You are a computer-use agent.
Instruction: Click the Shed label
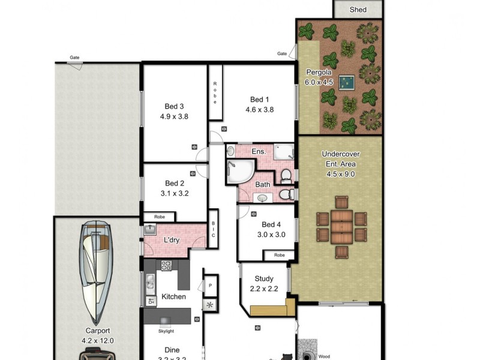tap(358, 10)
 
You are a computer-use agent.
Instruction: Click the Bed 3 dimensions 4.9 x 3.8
tap(174, 116)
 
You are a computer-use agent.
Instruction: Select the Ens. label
tap(258, 151)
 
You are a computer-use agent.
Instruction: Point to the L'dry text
tap(172, 241)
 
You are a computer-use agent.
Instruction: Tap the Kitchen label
tap(173, 296)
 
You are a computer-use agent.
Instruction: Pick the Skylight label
tap(166, 331)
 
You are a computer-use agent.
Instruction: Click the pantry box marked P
tap(210, 286)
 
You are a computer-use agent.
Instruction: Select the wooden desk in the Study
tap(272, 310)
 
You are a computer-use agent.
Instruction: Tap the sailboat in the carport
tap(97, 270)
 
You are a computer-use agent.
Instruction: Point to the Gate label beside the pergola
tap(282, 53)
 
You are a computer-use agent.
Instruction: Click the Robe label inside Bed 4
tap(280, 255)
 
